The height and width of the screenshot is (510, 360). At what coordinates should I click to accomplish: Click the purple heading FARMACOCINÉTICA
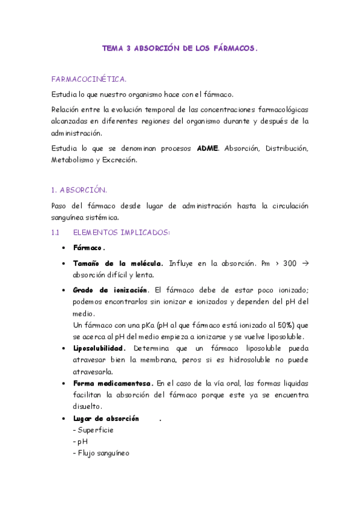(88, 79)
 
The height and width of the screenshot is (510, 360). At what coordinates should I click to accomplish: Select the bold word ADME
(208, 149)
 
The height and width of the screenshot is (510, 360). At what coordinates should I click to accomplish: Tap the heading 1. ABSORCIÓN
(79, 190)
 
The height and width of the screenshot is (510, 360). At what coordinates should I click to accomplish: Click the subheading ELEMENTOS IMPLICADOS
(121, 232)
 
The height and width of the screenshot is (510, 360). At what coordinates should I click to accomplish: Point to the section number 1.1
(55, 232)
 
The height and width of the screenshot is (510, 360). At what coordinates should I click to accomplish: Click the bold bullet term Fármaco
(89, 248)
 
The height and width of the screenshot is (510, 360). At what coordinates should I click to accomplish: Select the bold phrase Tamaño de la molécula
(118, 263)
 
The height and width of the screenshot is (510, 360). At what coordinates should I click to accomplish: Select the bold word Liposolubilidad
(99, 348)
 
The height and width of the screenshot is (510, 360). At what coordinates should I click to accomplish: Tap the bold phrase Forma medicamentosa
(113, 383)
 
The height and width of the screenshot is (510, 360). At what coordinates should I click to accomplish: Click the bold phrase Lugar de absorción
(106, 418)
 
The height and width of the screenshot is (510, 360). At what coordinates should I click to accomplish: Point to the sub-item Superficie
(95, 430)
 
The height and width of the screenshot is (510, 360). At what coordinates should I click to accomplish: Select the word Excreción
(121, 160)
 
